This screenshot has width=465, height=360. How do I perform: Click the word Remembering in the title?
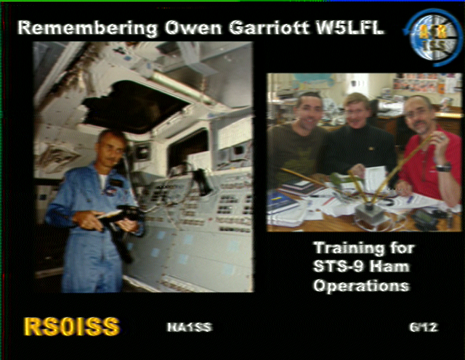(88, 29)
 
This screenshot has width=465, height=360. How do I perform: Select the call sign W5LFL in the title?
(349, 28)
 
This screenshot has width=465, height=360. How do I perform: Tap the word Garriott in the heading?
(269, 28)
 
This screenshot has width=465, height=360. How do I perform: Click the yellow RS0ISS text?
(72, 327)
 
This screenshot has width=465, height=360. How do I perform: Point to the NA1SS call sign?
(190, 327)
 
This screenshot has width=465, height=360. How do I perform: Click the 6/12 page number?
(424, 327)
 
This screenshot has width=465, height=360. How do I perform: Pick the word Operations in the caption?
(362, 286)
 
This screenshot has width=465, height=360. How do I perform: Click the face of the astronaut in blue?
(112, 147)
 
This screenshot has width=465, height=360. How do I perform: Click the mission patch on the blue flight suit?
(110, 192)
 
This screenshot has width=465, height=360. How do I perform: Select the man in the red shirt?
(429, 151)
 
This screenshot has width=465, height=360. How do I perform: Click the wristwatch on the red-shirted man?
(443, 168)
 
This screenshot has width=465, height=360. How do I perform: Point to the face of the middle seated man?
(356, 111)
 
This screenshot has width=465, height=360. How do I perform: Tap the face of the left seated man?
(308, 110)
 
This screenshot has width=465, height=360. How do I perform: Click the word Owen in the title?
(193, 28)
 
